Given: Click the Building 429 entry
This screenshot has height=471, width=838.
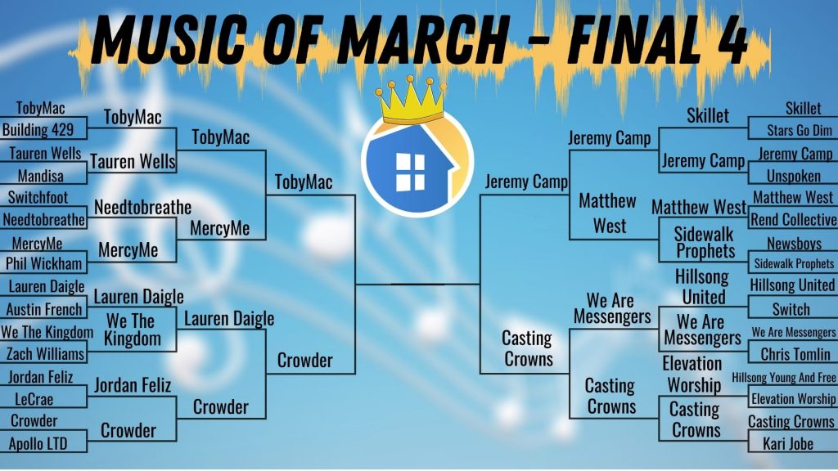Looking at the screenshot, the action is [x=38, y=129].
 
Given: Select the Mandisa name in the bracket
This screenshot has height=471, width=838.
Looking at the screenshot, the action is [x=41, y=176].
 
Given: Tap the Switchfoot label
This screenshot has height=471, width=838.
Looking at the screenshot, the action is [x=38, y=198].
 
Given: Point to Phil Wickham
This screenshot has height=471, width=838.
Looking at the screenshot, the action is [x=44, y=263].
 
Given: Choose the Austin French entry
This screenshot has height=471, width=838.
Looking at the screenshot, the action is [x=44, y=309].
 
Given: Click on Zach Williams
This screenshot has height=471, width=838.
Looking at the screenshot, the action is [x=45, y=353].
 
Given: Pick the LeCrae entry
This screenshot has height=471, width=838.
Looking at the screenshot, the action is [x=34, y=399].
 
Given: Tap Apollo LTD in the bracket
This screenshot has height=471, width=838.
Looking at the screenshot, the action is [x=38, y=444].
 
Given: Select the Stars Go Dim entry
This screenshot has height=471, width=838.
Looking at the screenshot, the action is [x=800, y=130].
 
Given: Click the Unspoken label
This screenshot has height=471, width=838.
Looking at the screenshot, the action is [x=794, y=176].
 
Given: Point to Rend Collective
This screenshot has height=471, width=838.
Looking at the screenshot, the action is [x=794, y=219].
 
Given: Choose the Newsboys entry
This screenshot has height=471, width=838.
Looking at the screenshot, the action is [x=794, y=244].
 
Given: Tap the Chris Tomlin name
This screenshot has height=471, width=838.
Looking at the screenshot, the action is [x=795, y=354].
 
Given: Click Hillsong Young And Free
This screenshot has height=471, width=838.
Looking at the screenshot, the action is [x=783, y=378].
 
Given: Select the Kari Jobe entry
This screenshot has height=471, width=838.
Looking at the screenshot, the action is [x=788, y=444].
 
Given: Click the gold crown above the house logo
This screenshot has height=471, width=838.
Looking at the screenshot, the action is [x=411, y=101].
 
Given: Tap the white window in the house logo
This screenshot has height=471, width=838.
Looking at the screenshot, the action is [x=410, y=172].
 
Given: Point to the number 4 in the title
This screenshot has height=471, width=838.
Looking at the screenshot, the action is [x=732, y=39].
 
